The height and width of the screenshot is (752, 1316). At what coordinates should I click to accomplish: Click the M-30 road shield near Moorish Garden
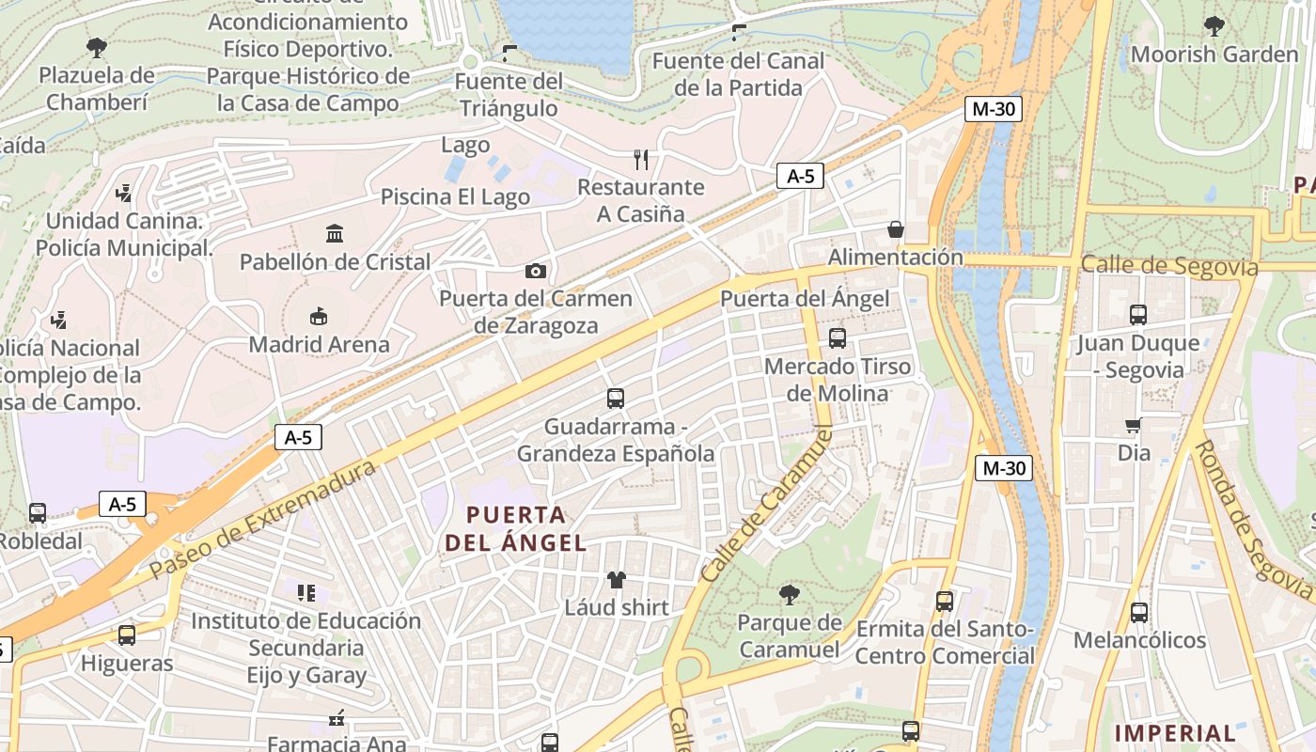click(x=993, y=109)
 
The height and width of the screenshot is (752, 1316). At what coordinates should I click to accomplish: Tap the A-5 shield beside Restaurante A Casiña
click(x=800, y=176)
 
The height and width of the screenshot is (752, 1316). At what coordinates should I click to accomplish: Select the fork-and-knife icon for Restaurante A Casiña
click(x=641, y=159)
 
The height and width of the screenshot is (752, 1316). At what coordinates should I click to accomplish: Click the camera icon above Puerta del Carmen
click(x=535, y=272)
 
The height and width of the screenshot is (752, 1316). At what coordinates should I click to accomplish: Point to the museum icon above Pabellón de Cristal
click(x=335, y=233)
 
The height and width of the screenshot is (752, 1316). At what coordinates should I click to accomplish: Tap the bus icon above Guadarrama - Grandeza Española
click(x=616, y=399)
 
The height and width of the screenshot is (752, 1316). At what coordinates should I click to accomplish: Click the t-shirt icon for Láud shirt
click(x=617, y=579)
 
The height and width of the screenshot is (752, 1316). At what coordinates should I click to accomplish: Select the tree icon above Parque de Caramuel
click(x=790, y=594)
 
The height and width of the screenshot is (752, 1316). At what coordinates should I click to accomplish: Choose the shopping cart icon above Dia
click(x=1134, y=426)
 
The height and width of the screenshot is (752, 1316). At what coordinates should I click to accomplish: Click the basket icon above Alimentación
click(x=896, y=229)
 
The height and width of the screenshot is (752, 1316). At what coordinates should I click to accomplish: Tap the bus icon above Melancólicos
click(x=1139, y=613)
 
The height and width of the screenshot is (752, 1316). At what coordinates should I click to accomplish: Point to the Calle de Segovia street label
click(x=1168, y=266)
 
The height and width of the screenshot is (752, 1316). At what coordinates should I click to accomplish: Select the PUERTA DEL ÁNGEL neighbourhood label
click(x=516, y=528)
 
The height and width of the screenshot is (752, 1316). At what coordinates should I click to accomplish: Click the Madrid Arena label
click(x=319, y=345)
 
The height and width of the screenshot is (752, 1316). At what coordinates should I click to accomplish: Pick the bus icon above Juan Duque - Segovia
click(x=1138, y=315)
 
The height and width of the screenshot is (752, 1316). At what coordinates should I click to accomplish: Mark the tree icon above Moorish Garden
click(x=1214, y=26)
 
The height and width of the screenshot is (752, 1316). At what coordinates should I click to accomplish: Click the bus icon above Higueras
click(x=127, y=635)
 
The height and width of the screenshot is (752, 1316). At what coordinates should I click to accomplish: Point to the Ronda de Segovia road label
click(x=1253, y=523)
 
